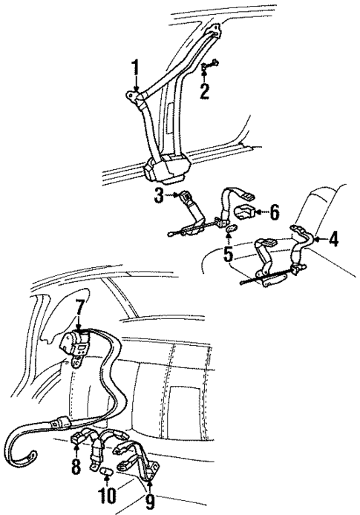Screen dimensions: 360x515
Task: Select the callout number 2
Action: tap(204, 89)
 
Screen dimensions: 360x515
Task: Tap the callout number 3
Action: tap(159, 197)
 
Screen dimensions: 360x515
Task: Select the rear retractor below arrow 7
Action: tap(76, 347)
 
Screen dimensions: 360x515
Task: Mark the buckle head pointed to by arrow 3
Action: tap(186, 198)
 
